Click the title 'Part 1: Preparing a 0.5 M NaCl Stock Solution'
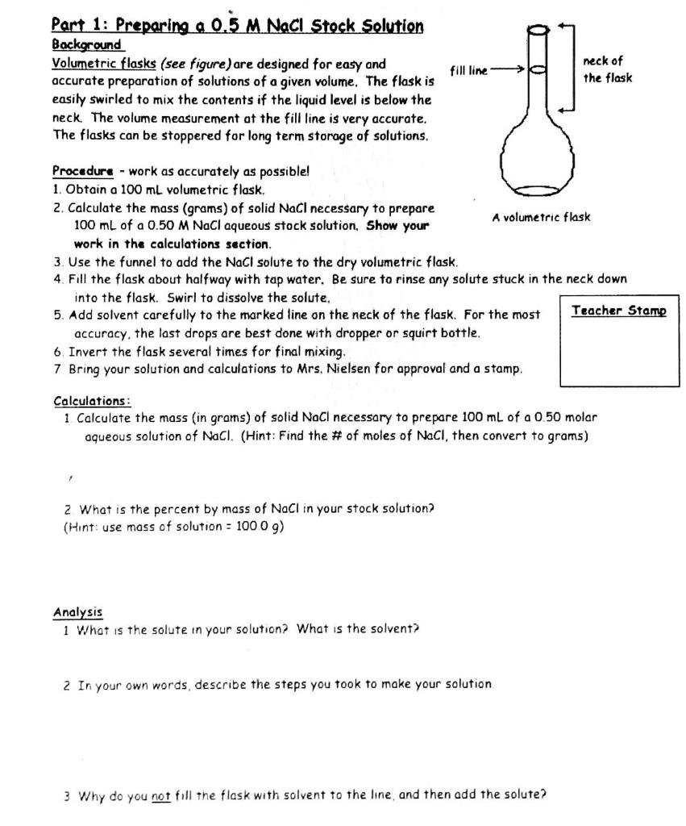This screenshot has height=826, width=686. pos(237,25)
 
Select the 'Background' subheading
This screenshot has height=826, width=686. pos(86,44)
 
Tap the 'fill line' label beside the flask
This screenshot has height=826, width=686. pos(468,71)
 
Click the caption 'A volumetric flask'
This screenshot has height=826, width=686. pos(541,217)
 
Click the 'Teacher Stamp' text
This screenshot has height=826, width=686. pos(618,311)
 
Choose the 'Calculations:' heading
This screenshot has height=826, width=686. pos(92,401)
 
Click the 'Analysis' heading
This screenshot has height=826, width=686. pos(77,612)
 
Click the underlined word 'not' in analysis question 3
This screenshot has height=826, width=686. pos(161,795)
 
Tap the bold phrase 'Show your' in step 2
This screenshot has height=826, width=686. pos(397,226)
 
